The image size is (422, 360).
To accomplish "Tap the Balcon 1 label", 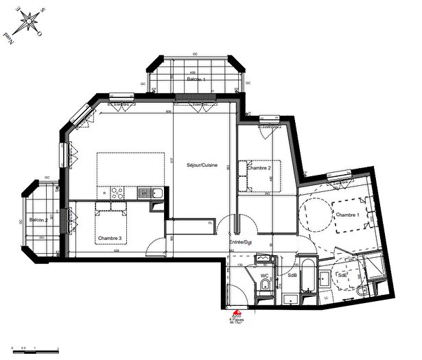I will point(196,80).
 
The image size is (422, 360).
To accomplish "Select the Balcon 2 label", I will point(38,220).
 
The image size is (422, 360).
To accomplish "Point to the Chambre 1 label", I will point(347,215).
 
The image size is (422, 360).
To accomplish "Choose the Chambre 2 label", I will point(259,168).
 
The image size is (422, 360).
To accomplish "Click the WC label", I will point(264,276).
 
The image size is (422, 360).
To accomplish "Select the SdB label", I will point(292,276).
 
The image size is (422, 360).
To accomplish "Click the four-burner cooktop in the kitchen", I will point(117,193).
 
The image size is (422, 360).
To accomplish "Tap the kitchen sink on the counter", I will point(157,193).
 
